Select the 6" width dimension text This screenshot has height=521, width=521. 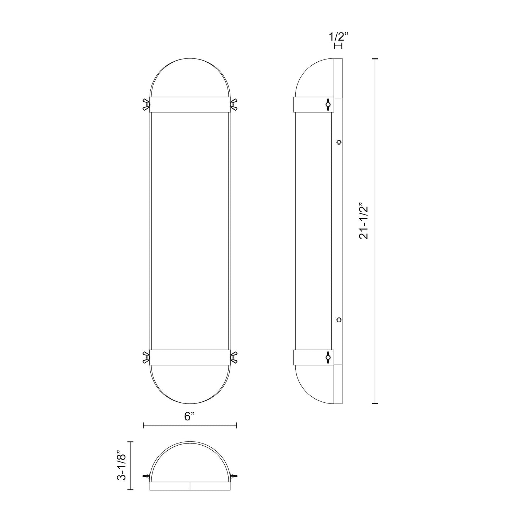coord(190,416)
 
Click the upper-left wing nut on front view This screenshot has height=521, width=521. coord(146,104)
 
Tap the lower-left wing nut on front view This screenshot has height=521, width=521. coord(146,357)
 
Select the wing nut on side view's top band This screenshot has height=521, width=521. coord(327,104)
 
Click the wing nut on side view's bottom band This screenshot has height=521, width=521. coord(327,357)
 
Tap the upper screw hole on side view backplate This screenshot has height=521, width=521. coord(339,142)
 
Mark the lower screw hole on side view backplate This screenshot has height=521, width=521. coord(339,319)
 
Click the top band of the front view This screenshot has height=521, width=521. coord(190,104)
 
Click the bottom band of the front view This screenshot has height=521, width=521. coord(190,357)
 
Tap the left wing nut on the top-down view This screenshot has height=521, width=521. coord(147,476)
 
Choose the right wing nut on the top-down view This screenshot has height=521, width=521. coord(233,476)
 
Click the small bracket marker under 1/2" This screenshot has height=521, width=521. coord(338,46)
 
